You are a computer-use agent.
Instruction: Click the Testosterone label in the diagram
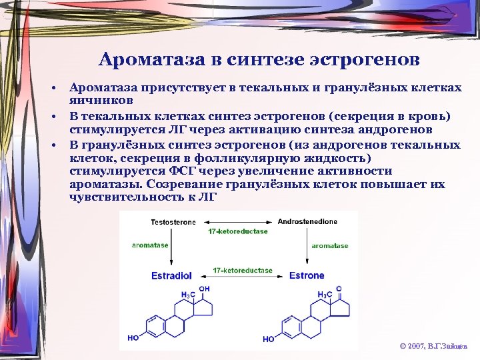point(173,221)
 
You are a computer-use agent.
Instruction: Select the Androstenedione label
point(307,221)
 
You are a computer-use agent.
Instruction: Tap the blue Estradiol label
point(172,275)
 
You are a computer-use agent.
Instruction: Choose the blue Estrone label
point(307,275)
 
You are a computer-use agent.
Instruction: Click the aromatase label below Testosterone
point(150,245)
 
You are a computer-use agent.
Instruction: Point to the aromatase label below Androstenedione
point(330,245)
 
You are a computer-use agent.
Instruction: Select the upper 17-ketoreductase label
point(238,231)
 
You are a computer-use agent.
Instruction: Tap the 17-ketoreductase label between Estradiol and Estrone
point(243,271)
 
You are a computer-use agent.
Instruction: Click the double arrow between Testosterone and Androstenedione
point(238,221)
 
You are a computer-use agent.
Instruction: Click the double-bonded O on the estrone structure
point(340,289)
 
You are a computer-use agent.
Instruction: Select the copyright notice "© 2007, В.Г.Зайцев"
point(433,347)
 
